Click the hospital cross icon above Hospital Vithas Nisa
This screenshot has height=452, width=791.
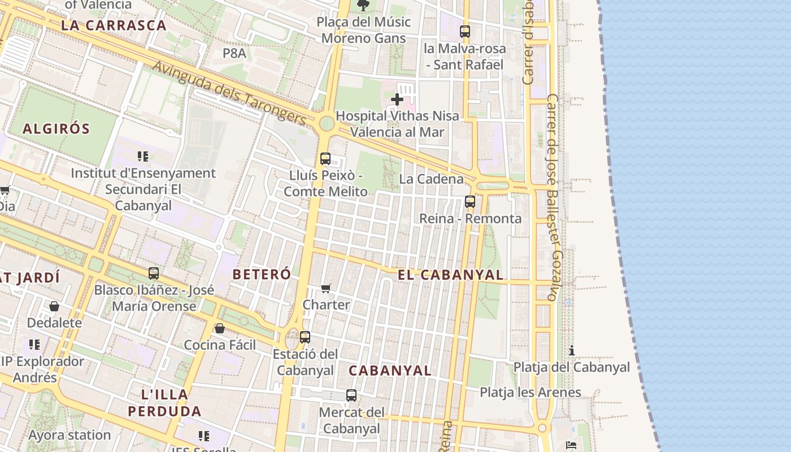(x=397, y=100)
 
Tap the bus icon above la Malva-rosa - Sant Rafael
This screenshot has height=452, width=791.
(x=465, y=32)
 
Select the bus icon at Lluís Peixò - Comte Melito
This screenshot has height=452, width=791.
(x=325, y=159)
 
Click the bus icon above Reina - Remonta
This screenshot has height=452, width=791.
(x=470, y=201)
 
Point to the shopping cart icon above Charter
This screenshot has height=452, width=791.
(x=326, y=289)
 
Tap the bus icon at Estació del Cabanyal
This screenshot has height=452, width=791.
(x=305, y=337)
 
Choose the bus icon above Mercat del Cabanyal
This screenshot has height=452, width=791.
(x=351, y=395)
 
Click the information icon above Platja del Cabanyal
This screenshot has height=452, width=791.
(x=572, y=350)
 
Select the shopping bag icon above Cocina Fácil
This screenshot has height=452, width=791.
(x=220, y=328)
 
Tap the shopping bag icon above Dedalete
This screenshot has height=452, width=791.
(x=54, y=306)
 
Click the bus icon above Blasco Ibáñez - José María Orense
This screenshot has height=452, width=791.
(x=154, y=273)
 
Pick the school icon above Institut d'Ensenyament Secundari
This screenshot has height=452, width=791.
(x=143, y=157)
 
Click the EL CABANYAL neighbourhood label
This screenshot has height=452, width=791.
(x=450, y=275)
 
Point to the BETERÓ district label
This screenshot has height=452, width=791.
(x=262, y=275)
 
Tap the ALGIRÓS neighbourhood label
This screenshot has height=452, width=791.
(x=56, y=129)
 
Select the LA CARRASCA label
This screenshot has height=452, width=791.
(x=114, y=25)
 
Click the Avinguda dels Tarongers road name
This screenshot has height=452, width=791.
(x=229, y=93)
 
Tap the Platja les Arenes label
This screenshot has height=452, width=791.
(x=530, y=392)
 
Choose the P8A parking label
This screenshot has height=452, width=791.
(x=234, y=53)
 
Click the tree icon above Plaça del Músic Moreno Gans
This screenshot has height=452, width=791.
(x=363, y=6)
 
